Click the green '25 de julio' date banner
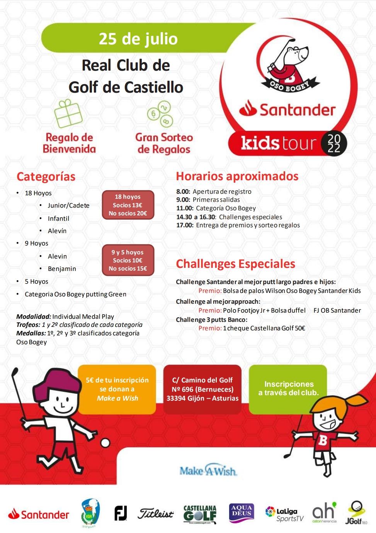138,39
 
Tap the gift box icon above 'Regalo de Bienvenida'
68,114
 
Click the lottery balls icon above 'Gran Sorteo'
159,114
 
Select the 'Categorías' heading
46,176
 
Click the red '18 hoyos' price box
128,205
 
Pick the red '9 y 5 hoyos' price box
128,260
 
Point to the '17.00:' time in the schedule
185,225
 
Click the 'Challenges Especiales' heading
235,264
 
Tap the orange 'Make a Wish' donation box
117,389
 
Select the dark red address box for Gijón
202,389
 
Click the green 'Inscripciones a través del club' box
288,389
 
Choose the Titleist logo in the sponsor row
156,514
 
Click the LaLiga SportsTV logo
285,514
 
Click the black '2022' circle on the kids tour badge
334,144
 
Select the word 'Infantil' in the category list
58,218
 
